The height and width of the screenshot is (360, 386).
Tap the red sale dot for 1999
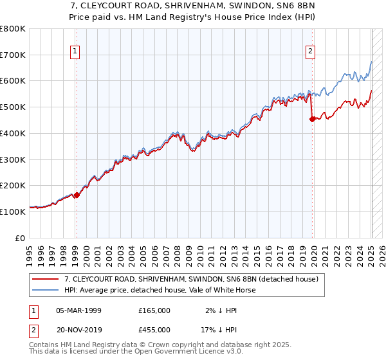click(x=77, y=195)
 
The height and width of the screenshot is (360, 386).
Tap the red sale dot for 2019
click(x=312, y=119)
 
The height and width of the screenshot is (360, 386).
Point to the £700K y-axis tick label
click(x=12, y=55)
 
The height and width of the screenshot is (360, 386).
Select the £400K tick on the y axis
click(x=12, y=133)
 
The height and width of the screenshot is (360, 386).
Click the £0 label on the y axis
click(x=20, y=237)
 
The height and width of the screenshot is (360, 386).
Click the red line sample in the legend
click(x=45, y=280)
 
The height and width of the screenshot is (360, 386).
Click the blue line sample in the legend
click(x=45, y=291)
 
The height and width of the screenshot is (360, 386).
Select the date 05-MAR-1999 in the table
click(x=78, y=310)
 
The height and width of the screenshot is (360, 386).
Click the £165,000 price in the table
click(x=154, y=310)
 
